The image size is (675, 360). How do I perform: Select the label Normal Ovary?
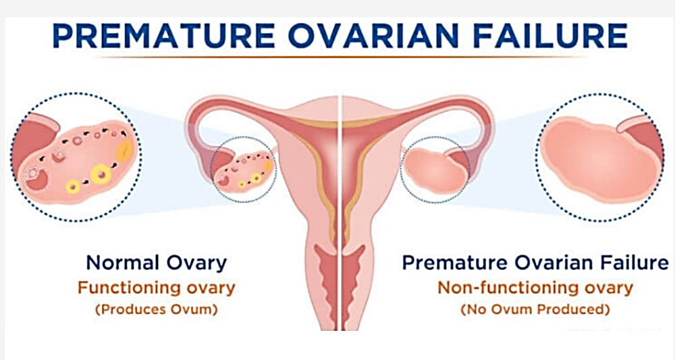157,262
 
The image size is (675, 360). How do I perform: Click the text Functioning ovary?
157,288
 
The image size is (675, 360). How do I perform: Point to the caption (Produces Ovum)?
157,309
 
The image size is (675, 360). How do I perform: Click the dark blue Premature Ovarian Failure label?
535,262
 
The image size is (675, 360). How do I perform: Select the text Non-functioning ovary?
535,287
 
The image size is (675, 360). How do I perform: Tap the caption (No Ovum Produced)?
535,309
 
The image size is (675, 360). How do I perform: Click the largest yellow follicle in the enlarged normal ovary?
102,174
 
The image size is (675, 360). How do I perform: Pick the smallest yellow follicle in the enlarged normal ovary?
73,186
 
